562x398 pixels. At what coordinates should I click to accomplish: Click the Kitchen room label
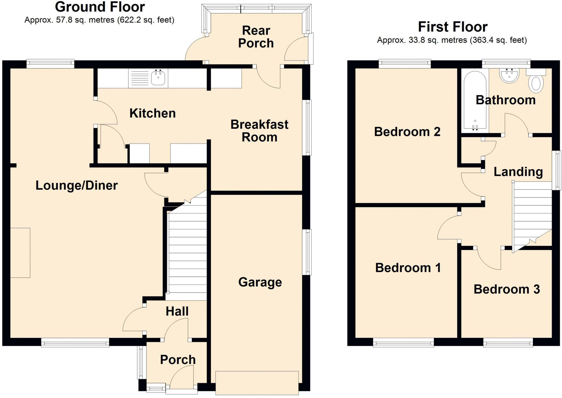coord(153,113)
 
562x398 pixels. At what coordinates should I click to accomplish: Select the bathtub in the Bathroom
coord(475,100)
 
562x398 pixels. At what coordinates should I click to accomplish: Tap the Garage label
coord(260,282)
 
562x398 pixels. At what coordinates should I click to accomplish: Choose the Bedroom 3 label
coord(507,289)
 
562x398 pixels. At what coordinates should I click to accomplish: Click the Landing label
coord(518,172)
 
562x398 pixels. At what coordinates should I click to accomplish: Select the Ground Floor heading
coord(100,7)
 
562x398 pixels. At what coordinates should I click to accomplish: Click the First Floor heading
coord(453,27)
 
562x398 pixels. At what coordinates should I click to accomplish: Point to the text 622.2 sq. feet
coord(146,20)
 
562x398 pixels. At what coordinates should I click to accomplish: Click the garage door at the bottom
coord(257,383)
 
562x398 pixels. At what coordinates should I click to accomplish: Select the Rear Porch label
coord(256,37)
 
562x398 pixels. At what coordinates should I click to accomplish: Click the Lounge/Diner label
coord(77,186)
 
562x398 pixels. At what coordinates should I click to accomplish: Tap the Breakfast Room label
coord(259,131)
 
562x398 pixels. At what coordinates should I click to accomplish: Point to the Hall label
coord(177,312)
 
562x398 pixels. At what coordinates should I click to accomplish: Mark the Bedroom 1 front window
coord(403,343)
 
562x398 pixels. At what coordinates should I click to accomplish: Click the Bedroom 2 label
coord(407,132)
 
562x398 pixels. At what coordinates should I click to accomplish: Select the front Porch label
coord(178,360)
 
